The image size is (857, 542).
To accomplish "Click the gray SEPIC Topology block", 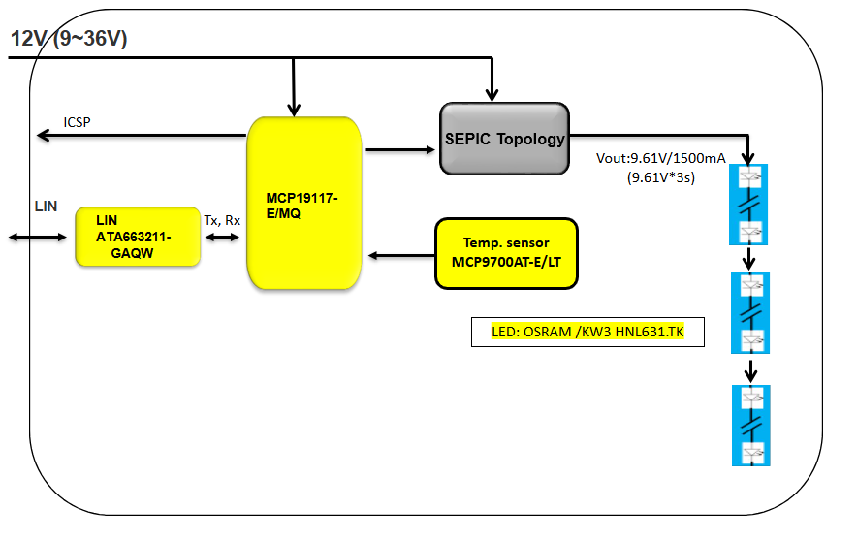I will click(504, 139).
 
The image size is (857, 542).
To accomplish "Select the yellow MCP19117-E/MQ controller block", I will click(303, 203).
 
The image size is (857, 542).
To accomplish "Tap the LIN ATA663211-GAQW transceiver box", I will click(138, 237).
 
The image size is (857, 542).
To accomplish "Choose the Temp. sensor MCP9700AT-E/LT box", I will click(506, 254).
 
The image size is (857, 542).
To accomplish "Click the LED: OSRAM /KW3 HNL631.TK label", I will click(586, 333).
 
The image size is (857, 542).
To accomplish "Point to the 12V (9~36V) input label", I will click(69, 39).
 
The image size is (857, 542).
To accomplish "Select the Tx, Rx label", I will click(222, 220).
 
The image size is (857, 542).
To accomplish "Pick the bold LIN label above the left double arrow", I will click(46, 207).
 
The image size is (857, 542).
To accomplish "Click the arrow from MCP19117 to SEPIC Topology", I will click(399, 149).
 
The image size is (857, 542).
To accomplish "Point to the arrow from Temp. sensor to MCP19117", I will click(401, 255).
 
